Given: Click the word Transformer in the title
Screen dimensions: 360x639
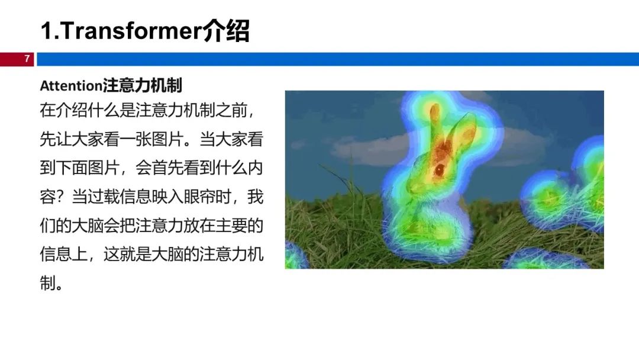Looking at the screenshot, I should click(x=129, y=31).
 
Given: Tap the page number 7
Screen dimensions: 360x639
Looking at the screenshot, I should click(x=27, y=59).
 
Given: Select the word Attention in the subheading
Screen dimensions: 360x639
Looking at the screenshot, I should click(x=71, y=86).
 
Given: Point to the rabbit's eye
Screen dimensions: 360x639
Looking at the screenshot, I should click(x=440, y=169).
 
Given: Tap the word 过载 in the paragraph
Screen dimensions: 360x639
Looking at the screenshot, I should click(x=109, y=198).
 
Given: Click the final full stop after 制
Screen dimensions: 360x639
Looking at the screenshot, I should click(x=60, y=286).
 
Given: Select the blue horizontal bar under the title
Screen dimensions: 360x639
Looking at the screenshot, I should click(x=337, y=59).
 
